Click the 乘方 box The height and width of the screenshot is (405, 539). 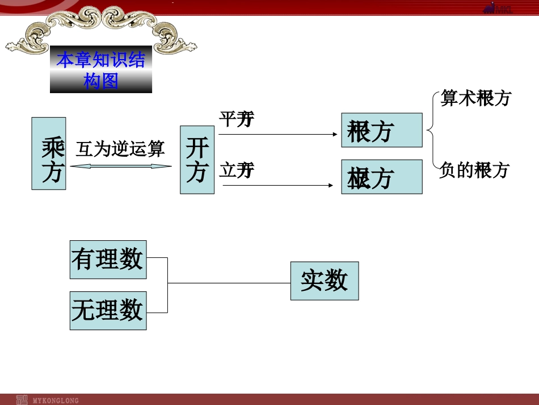49,153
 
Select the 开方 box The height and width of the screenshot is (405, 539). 197,160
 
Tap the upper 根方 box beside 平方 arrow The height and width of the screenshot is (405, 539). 381,130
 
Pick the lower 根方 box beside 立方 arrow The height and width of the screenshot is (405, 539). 381,177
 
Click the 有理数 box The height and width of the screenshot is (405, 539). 108,260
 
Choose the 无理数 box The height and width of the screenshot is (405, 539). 108,310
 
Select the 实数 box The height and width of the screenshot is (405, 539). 324,281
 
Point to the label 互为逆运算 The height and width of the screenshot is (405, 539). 120,149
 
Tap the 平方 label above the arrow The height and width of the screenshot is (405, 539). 237,119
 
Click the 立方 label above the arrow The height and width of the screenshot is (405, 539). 237,170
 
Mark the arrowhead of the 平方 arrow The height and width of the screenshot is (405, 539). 335,135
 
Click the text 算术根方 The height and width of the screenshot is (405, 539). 475,98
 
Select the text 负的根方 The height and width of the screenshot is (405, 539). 474,170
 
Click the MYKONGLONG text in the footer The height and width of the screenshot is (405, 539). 56,399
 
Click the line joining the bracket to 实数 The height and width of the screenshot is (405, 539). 229,282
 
